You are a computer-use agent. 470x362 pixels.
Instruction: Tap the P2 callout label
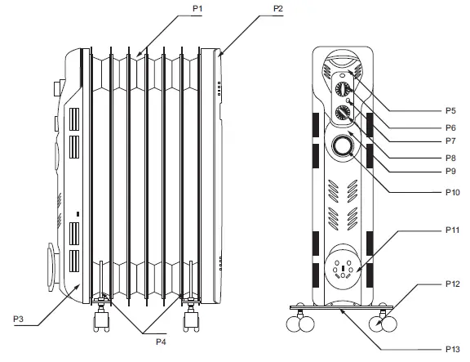pos(278,7)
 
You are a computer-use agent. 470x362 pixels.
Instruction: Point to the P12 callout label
pos(453,284)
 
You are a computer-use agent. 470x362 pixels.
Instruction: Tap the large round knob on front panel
pos(342,146)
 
